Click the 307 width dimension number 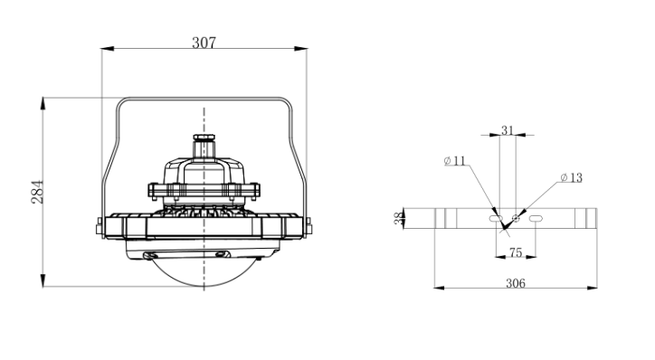click(204, 43)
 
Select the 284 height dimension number click(37, 192)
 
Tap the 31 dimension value click(508, 131)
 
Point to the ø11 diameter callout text click(454, 161)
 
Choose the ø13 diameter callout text click(572, 178)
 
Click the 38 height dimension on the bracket click(399, 218)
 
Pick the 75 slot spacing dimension click(516, 252)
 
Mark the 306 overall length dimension click(516, 283)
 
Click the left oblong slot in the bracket click(496, 218)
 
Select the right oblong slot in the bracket click(536, 218)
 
